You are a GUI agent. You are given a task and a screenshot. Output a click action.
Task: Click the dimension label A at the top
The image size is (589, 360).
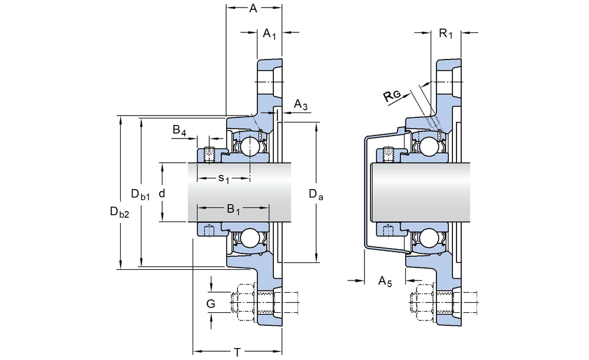click(x=253, y=8)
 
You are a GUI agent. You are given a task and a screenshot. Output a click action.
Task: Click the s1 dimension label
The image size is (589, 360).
click(x=224, y=177)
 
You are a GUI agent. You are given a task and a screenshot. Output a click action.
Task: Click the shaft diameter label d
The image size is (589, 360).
click(x=161, y=193)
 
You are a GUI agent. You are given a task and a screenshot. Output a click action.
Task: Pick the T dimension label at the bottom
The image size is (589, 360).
click(x=237, y=352)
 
